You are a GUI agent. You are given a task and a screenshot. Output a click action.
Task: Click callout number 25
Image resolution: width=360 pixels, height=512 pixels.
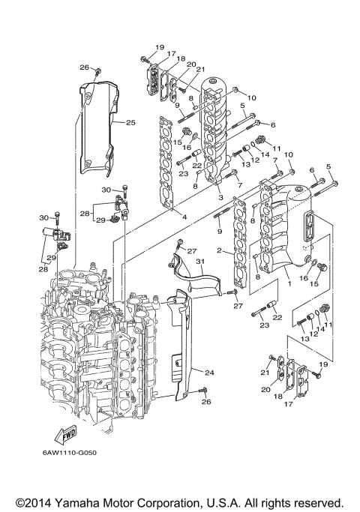130,122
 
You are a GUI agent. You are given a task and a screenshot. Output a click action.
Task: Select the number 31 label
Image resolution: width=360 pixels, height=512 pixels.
200,261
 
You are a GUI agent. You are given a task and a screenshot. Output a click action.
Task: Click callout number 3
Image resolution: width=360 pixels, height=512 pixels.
220,197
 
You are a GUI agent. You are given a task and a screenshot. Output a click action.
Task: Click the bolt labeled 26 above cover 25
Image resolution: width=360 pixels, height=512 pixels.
98,72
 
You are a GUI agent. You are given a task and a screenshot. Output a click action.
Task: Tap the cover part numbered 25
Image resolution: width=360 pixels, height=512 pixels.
99,127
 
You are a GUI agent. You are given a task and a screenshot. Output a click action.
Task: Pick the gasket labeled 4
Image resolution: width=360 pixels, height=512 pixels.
168,161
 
